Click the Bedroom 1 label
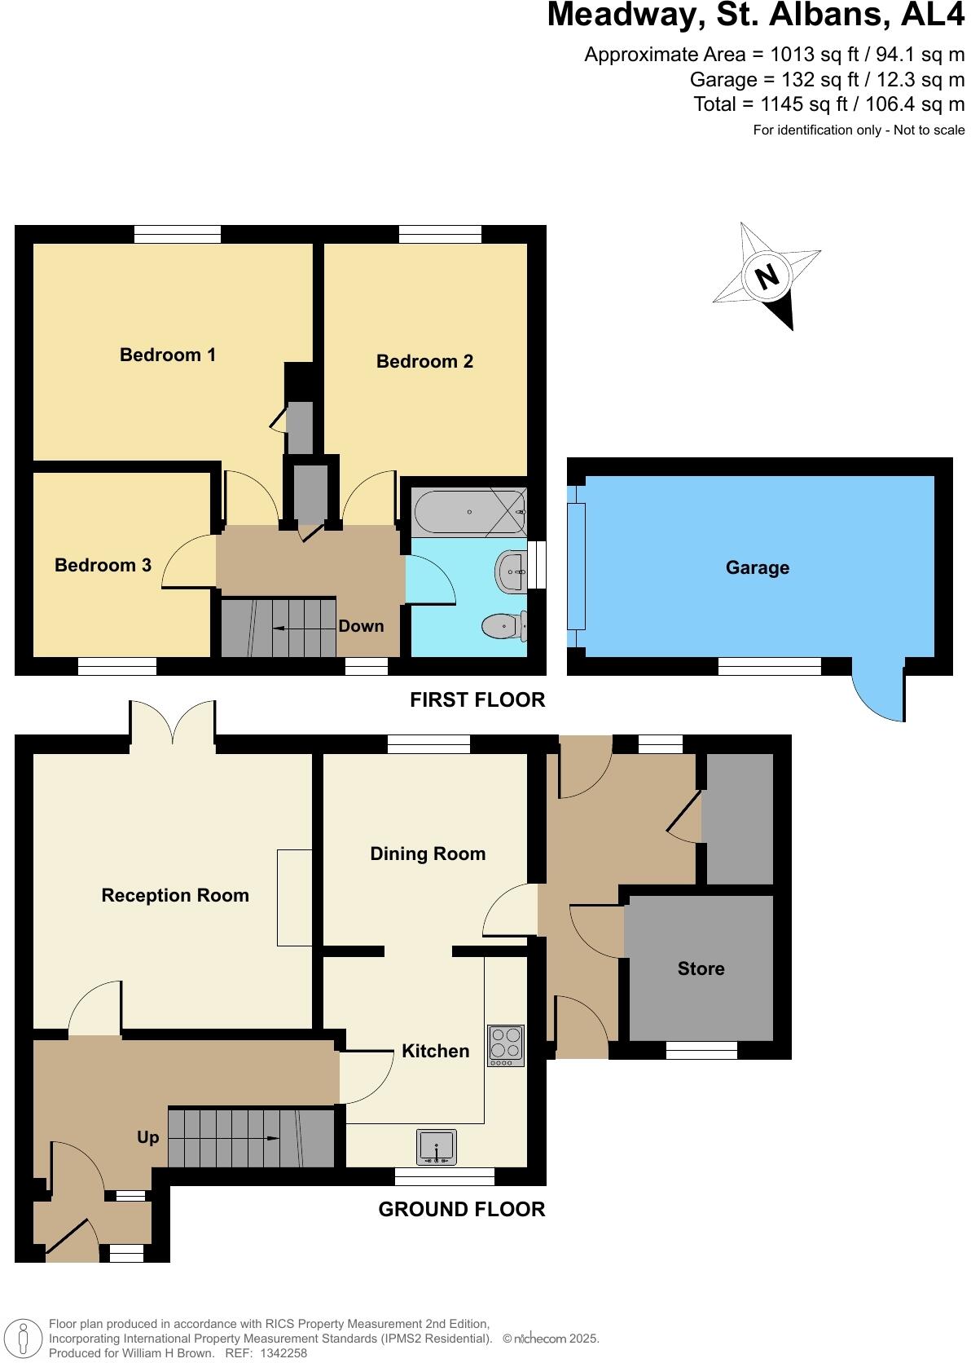[x=168, y=355]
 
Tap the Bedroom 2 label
[x=424, y=361]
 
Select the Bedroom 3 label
[x=103, y=565]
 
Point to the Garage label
[x=758, y=567]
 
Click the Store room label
[x=701, y=968]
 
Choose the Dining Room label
[x=428, y=854]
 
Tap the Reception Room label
[x=175, y=895]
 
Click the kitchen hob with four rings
[x=505, y=1045]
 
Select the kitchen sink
[x=437, y=1147]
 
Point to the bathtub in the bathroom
[x=468, y=512]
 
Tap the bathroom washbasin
[x=511, y=572]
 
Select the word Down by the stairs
[x=361, y=626]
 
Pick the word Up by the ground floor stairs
[x=148, y=1137]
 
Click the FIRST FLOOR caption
[x=477, y=699]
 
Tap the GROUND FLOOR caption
[x=462, y=1209]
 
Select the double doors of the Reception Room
[x=173, y=721]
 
